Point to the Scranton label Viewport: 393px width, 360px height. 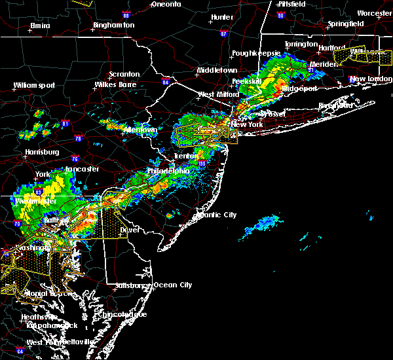124,75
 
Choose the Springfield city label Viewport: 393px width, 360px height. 346,24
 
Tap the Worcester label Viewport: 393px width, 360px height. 374,13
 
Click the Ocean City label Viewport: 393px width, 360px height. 172,285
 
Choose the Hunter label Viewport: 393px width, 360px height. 222,17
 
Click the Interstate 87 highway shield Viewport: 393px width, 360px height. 224,34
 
